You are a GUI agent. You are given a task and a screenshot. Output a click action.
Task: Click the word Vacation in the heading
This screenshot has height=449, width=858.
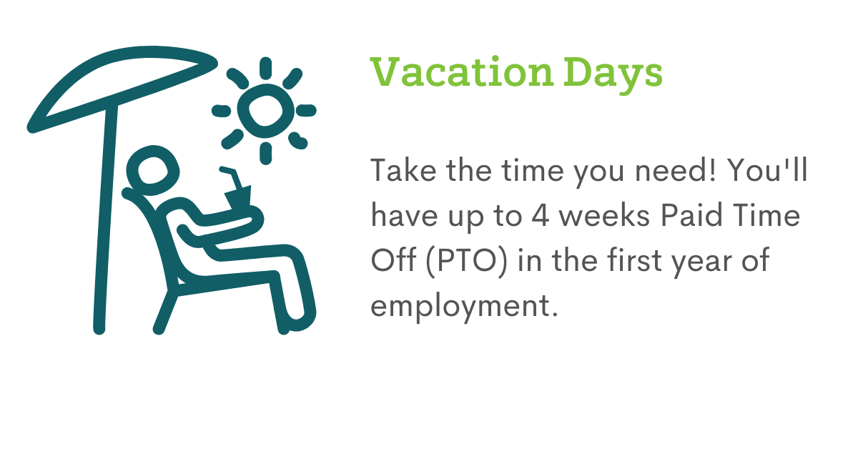(462, 72)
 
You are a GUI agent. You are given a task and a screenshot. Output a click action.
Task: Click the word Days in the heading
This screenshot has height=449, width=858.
(613, 75)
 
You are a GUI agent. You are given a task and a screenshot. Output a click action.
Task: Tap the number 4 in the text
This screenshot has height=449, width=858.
(540, 215)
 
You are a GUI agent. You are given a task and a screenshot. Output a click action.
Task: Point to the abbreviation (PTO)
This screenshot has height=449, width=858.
(466, 261)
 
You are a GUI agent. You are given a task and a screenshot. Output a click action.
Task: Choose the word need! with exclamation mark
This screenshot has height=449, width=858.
(675, 170)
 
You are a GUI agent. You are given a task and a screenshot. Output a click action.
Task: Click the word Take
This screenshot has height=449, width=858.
(403, 169)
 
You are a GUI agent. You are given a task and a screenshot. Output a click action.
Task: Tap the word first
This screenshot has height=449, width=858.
(635, 260)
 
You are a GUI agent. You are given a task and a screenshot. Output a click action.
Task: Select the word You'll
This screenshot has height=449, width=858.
(766, 169)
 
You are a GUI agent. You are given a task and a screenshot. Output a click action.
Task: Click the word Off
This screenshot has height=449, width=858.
(393, 260)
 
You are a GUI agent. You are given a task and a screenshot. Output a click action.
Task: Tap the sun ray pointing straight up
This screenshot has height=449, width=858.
(265, 68)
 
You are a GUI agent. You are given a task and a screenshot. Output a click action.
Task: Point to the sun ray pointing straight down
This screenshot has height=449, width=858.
(265, 153)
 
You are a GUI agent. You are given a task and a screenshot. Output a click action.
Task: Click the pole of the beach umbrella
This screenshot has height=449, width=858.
(105, 218)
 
